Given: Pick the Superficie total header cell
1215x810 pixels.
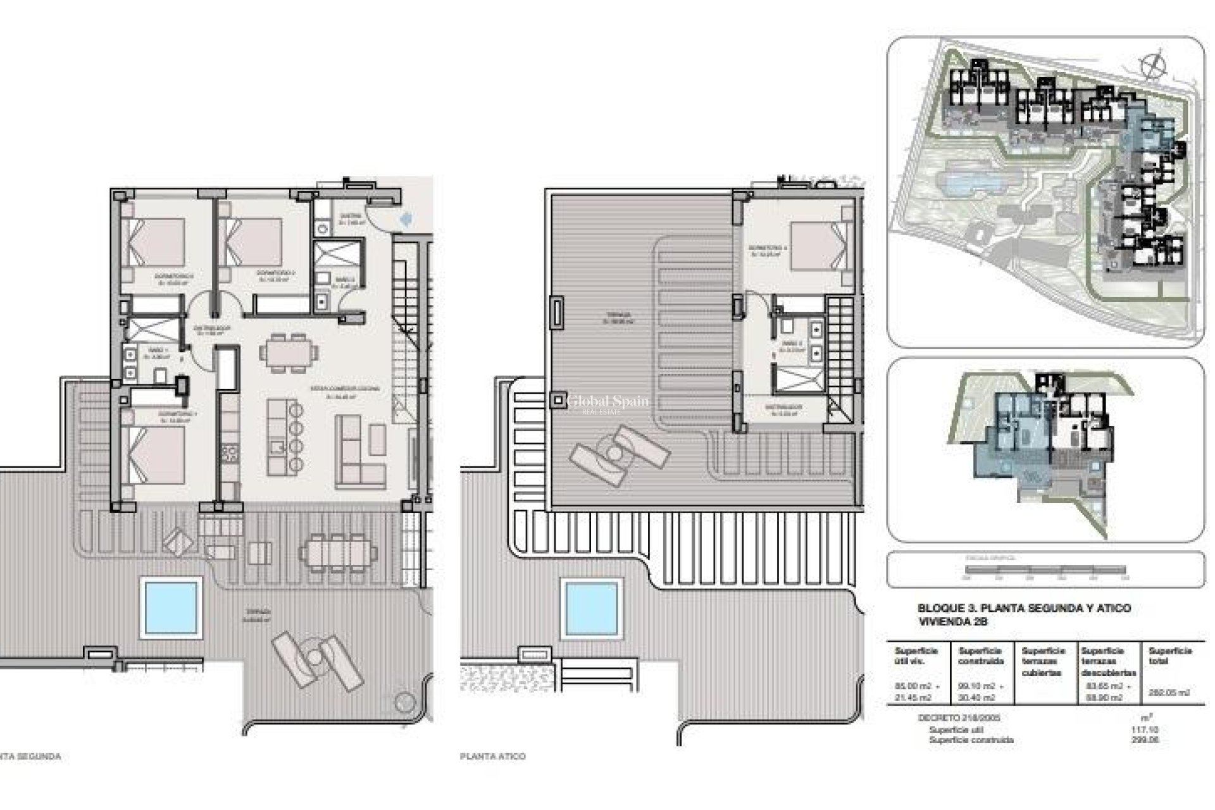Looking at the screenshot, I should click(x=1170, y=656).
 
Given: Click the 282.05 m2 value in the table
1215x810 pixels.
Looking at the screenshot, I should click(x=1170, y=692).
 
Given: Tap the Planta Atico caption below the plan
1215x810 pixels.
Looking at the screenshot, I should click(x=492, y=756).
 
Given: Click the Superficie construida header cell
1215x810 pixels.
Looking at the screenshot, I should click(x=981, y=656).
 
